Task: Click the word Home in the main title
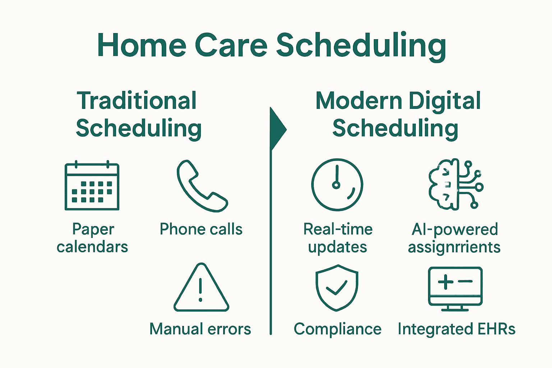pos(142,46)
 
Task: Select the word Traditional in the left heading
pos(137,101)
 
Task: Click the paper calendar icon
pos(92,186)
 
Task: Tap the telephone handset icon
pos(202,186)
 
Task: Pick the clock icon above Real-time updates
pos(337,184)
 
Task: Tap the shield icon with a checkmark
pos(337,288)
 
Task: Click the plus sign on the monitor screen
pos(446,281)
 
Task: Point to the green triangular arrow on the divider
pos(277,129)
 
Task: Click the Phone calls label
pos(201,229)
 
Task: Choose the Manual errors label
pos(200,329)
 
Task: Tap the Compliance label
pos(337,329)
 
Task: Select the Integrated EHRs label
pos(456,329)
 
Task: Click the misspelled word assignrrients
pos(454,247)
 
